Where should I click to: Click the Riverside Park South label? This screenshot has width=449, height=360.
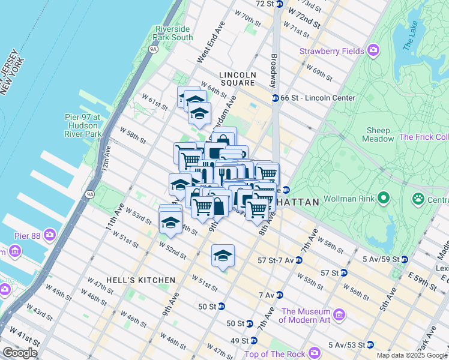pyautogui.click(x=174, y=33)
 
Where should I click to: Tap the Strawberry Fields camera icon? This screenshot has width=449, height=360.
pyautogui.click(x=374, y=50)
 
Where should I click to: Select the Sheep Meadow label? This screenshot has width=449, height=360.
pyautogui.click(x=378, y=134)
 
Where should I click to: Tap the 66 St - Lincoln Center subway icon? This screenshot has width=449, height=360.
pyautogui.click(x=275, y=98)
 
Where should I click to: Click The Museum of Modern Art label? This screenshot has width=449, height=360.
pyautogui.click(x=306, y=316)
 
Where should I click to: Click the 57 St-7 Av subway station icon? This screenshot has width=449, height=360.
pyautogui.click(x=298, y=260)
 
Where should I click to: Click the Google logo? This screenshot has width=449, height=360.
pyautogui.click(x=20, y=353)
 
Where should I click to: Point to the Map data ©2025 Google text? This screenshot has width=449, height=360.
pyautogui.click(x=412, y=355)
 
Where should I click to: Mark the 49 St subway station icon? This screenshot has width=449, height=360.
pyautogui.click(x=254, y=340)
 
